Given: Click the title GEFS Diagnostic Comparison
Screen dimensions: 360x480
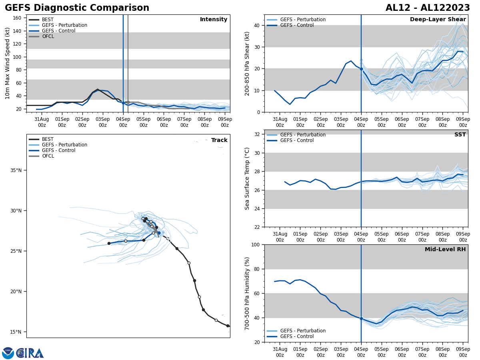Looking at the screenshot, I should [x=77, y=8].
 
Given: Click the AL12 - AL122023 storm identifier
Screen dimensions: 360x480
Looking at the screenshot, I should [x=428, y=8].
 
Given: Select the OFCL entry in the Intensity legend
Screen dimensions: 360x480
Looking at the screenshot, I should [x=48, y=36].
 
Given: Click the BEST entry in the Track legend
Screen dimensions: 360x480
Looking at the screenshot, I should [x=48, y=139].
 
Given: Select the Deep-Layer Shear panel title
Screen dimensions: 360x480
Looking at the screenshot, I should [x=438, y=20].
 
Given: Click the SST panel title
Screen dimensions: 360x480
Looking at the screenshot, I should [x=460, y=135].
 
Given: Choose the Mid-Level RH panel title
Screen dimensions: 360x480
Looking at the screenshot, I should [x=445, y=250].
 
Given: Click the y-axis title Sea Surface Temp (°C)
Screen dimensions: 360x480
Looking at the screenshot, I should [x=247, y=178].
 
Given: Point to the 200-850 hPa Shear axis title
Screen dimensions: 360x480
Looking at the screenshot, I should [x=247, y=64].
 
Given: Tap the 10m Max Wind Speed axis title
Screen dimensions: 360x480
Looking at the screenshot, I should [x=8, y=63].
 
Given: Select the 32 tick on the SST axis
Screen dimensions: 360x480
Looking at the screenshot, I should [x=258, y=134].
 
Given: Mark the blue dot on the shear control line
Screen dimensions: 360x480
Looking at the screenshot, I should [x=361, y=69].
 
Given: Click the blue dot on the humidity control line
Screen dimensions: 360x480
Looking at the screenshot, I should [x=361, y=318].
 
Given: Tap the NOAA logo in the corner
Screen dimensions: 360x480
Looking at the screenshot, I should [x=8, y=353].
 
